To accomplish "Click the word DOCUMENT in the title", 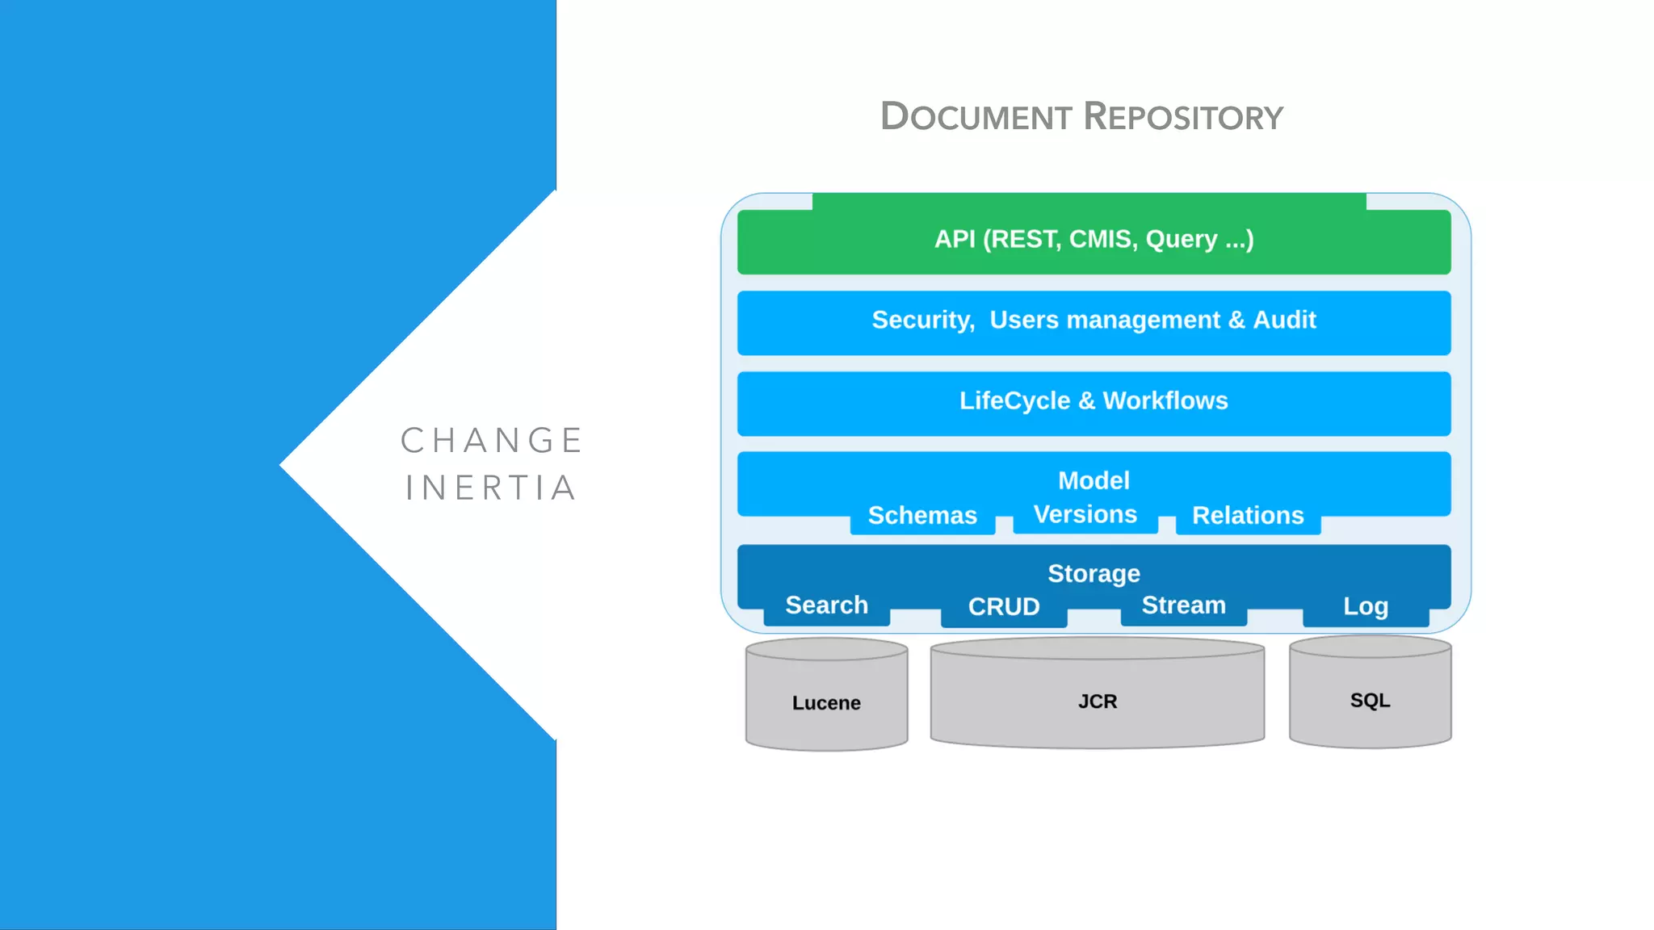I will (976, 117).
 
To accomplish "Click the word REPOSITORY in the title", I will (1183, 117).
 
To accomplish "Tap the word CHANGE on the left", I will (492, 441).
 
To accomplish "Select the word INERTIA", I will (492, 488).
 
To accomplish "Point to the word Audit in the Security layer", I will (1284, 320).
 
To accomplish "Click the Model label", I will (1094, 480).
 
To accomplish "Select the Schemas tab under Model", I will (922, 515).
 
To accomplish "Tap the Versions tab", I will (1085, 514).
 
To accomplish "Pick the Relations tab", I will (1248, 515).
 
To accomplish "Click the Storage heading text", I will (1094, 573).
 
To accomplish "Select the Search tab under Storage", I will (826, 605).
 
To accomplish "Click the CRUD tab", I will (1004, 607).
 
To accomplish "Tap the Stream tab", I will (1183, 605).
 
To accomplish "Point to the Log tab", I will (1366, 607).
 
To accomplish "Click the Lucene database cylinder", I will (826, 699).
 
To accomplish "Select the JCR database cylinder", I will (1097, 699).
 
